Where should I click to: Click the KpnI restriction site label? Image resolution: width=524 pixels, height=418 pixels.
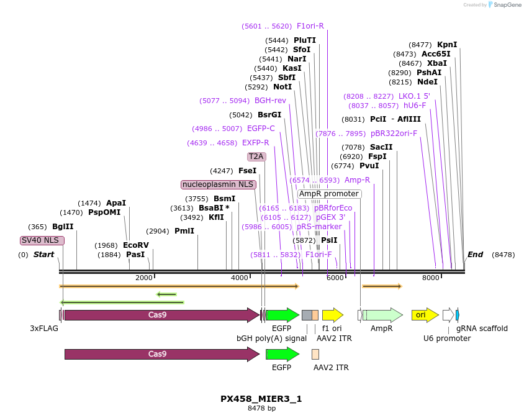coord(447,45)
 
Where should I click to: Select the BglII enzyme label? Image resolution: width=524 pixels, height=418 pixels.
coord(63,227)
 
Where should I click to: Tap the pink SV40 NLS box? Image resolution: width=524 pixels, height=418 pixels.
coord(42,240)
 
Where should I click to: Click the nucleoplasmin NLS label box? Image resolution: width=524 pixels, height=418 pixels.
coord(218,184)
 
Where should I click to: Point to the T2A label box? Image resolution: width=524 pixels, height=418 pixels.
coord(256,157)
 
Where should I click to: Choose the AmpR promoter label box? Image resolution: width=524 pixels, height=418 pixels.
coord(328,194)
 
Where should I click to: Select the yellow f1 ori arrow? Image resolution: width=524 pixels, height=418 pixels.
coord(332,315)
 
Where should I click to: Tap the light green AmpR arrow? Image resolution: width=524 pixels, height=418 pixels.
coord(382,315)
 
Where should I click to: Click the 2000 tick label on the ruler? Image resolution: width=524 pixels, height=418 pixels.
coord(143,278)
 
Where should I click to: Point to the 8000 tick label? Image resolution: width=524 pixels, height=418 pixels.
coord(430,278)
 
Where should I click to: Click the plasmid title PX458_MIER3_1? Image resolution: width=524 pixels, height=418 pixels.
coord(261,399)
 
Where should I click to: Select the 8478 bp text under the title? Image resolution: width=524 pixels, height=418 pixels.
coord(261,408)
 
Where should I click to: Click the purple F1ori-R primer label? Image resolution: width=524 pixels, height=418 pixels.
coord(310,26)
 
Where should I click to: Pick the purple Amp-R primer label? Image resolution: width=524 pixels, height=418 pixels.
coord(357,180)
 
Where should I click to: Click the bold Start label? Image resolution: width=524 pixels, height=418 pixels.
coord(43,255)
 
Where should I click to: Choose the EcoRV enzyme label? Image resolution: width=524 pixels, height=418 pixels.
coord(136,245)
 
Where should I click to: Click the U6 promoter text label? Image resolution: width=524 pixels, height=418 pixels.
coord(447,338)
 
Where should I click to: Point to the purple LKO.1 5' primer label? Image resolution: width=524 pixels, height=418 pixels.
coord(414,96)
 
